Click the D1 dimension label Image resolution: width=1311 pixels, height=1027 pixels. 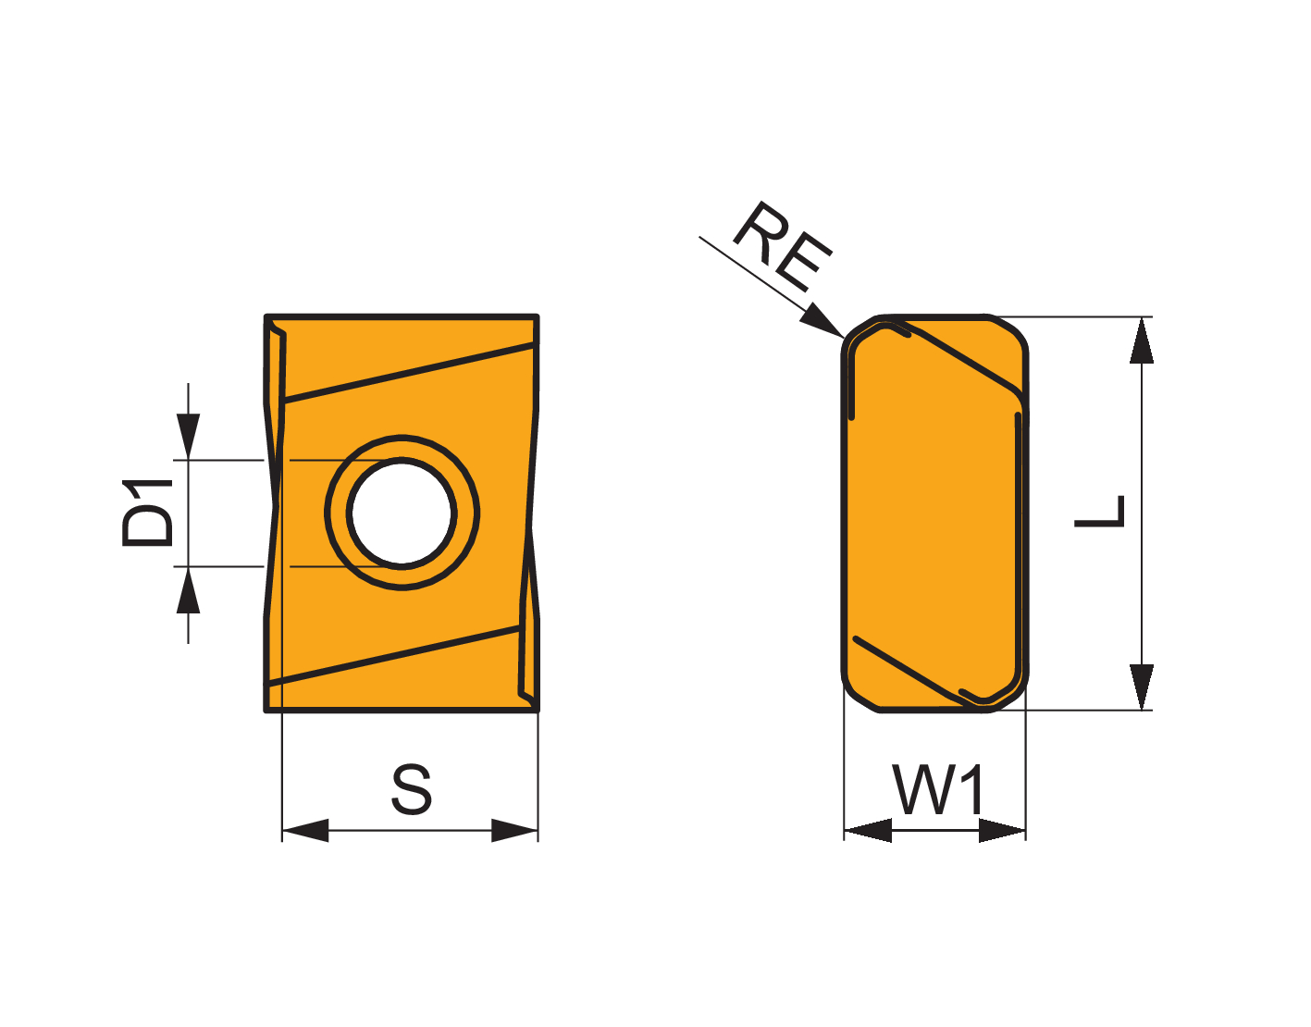[148, 513]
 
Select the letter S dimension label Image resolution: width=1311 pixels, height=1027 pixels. [412, 789]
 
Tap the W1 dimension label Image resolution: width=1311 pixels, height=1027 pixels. [938, 790]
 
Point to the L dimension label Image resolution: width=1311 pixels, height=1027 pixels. [1100, 511]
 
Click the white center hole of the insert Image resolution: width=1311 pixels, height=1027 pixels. [402, 513]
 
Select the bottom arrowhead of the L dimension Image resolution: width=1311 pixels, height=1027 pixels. [1143, 687]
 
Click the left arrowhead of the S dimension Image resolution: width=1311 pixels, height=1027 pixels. [305, 830]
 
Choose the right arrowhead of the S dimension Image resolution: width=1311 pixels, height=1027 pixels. [514, 830]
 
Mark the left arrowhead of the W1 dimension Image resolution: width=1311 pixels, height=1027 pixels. [868, 830]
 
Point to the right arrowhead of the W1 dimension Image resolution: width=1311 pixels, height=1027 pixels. [1002, 830]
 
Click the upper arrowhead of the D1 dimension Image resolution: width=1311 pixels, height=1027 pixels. [189, 436]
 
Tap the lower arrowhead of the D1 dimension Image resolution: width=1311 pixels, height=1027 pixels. [189, 590]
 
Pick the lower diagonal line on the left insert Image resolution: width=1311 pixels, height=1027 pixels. [393, 655]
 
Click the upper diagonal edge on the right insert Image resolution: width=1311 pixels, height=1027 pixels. [962, 356]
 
